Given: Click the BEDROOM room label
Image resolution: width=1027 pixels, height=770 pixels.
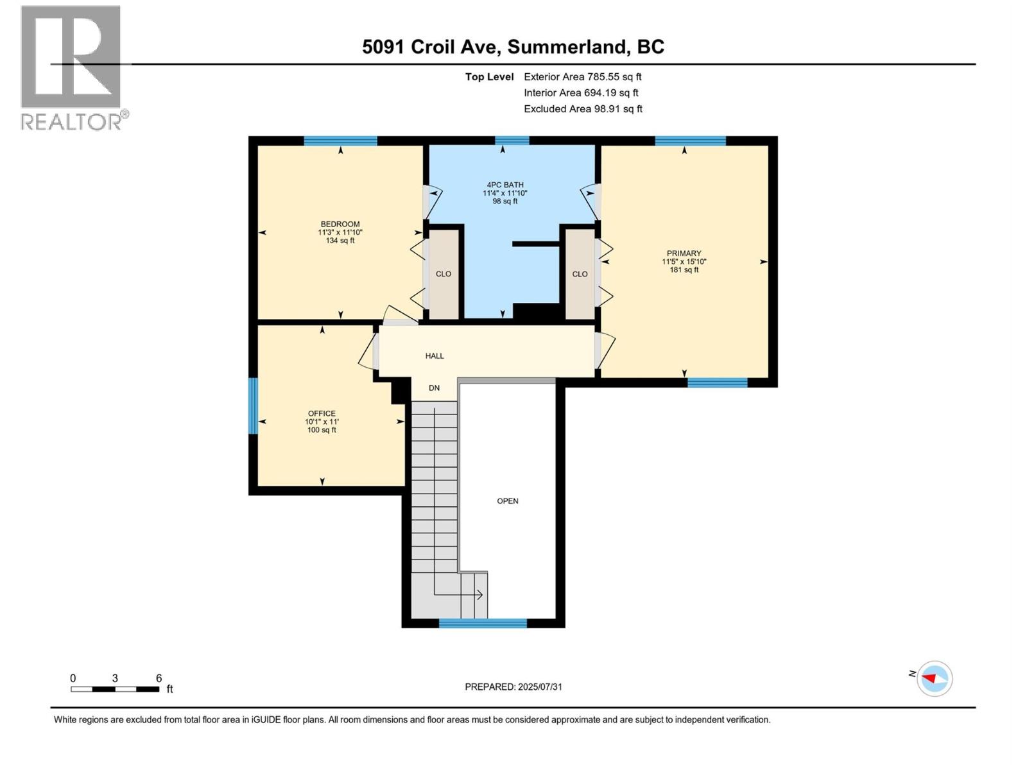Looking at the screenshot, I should tap(340, 225).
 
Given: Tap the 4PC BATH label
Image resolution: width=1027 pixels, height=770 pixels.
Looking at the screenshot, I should tap(505, 185).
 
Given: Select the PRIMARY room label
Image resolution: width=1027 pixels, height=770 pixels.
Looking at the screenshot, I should tap(684, 253).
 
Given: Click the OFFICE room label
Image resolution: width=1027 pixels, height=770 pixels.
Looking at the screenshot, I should tap(322, 414).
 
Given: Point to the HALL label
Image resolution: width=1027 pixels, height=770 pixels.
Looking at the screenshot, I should tap(435, 356).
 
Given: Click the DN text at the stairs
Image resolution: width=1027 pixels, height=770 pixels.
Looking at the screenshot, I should tap(435, 388).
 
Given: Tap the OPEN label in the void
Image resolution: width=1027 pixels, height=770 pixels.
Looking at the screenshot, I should tap(507, 501).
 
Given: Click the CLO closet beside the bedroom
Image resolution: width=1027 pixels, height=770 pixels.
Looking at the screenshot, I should tap(444, 274).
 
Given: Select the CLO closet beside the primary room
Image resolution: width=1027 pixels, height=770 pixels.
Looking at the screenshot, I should tap(580, 274).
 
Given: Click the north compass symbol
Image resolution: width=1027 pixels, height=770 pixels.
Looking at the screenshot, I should tap(934, 678).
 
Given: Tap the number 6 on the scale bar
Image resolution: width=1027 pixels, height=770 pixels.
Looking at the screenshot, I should tap(159, 678).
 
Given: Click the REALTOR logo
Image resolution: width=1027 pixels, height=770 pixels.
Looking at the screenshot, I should tap(72, 67).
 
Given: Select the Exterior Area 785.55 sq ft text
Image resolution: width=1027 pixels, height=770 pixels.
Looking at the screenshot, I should tap(582, 77).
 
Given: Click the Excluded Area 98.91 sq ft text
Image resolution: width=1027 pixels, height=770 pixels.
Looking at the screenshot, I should tap(582, 109).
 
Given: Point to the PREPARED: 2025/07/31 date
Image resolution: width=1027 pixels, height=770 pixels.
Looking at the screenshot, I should tap(513, 687).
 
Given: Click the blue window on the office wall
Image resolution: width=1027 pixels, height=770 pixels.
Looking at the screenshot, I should tap(253, 406).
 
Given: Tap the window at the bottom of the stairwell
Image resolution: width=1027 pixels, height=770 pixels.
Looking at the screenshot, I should tap(483, 622).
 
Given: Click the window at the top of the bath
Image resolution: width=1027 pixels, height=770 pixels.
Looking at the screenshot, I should tap(512, 141).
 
